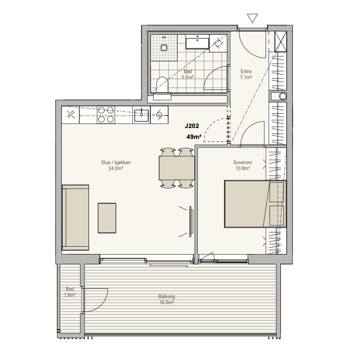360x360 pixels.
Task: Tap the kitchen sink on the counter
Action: point(141,115)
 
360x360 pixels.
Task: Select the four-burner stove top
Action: point(106,115)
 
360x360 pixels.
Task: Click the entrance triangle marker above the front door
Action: point(252,18)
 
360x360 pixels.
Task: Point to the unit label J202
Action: point(192,126)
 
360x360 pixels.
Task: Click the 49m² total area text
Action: point(194,137)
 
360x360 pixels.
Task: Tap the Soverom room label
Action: point(242,162)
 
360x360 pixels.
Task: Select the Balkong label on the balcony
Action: point(167,296)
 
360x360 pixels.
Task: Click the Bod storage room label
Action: point(70,289)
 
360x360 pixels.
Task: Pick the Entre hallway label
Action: point(246,71)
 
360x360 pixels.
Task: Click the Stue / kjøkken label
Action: point(116,162)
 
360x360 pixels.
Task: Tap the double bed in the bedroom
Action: point(255,204)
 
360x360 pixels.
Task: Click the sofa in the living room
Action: point(75,218)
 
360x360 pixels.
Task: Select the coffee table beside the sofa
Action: point(107,218)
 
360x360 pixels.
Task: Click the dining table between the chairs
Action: point(177,168)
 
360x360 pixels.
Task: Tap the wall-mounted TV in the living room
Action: point(191,222)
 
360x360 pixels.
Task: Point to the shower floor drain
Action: point(164,48)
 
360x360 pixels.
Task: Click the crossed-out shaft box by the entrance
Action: point(280,42)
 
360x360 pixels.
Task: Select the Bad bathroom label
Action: point(187,71)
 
